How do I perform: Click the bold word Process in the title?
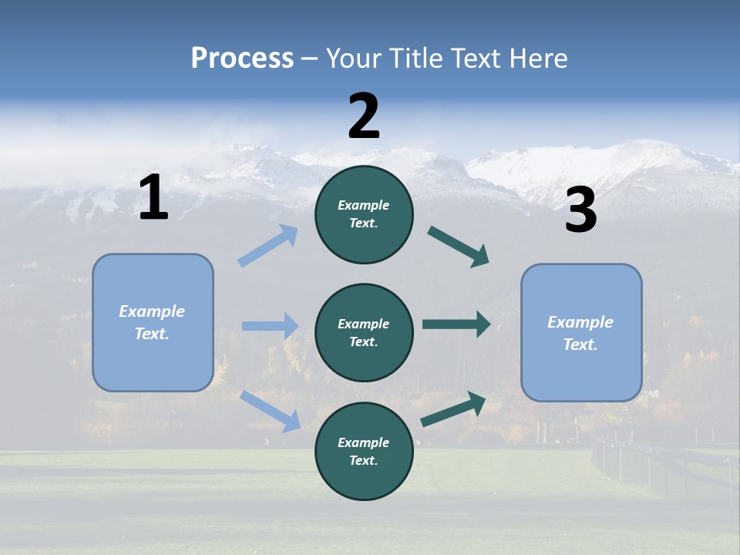(242, 58)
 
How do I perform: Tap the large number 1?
(153, 198)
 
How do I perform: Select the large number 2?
(364, 116)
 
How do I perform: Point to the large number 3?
(580, 210)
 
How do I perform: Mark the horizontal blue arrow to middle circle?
(270, 326)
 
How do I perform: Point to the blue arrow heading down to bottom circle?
(271, 410)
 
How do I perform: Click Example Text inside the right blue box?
(580, 333)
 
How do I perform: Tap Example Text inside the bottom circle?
(364, 451)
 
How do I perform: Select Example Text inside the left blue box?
(152, 322)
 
